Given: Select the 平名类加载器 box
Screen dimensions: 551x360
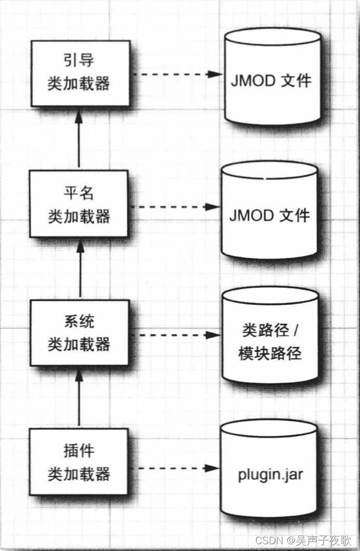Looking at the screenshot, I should (x=79, y=204).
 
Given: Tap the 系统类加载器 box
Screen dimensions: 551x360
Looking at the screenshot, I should (x=79, y=333).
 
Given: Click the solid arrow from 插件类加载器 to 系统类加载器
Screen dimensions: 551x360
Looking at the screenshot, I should (x=80, y=396).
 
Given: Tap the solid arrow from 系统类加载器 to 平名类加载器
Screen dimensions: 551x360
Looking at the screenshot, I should (x=80, y=267).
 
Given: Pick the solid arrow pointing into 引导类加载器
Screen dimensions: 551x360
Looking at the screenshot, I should (x=80, y=137).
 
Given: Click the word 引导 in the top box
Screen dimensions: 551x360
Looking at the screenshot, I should (x=79, y=62).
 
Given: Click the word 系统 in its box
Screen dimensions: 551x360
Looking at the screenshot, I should (x=79, y=322).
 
